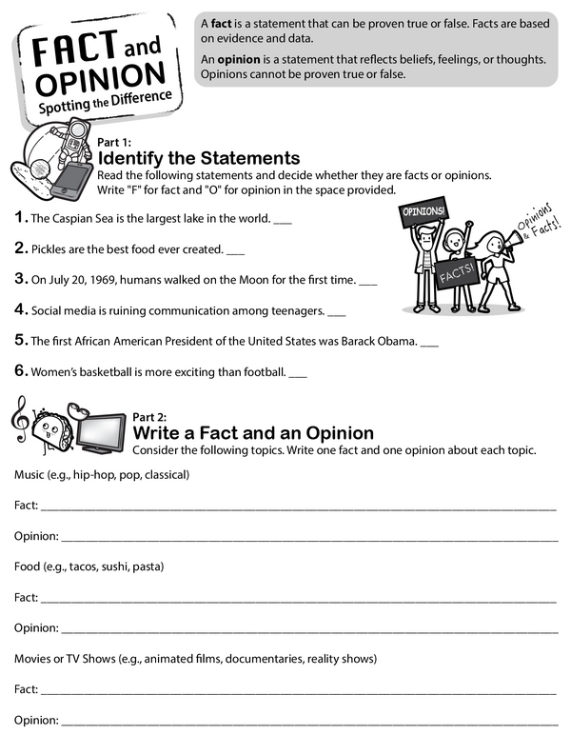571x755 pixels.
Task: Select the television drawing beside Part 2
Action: click(x=101, y=431)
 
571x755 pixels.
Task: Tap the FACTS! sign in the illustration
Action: click(x=456, y=276)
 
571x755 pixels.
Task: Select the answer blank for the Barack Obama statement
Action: click(x=429, y=342)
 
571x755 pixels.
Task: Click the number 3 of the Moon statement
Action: click(x=20, y=279)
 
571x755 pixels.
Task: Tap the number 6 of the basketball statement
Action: click(x=20, y=370)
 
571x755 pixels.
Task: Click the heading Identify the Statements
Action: click(x=199, y=158)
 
